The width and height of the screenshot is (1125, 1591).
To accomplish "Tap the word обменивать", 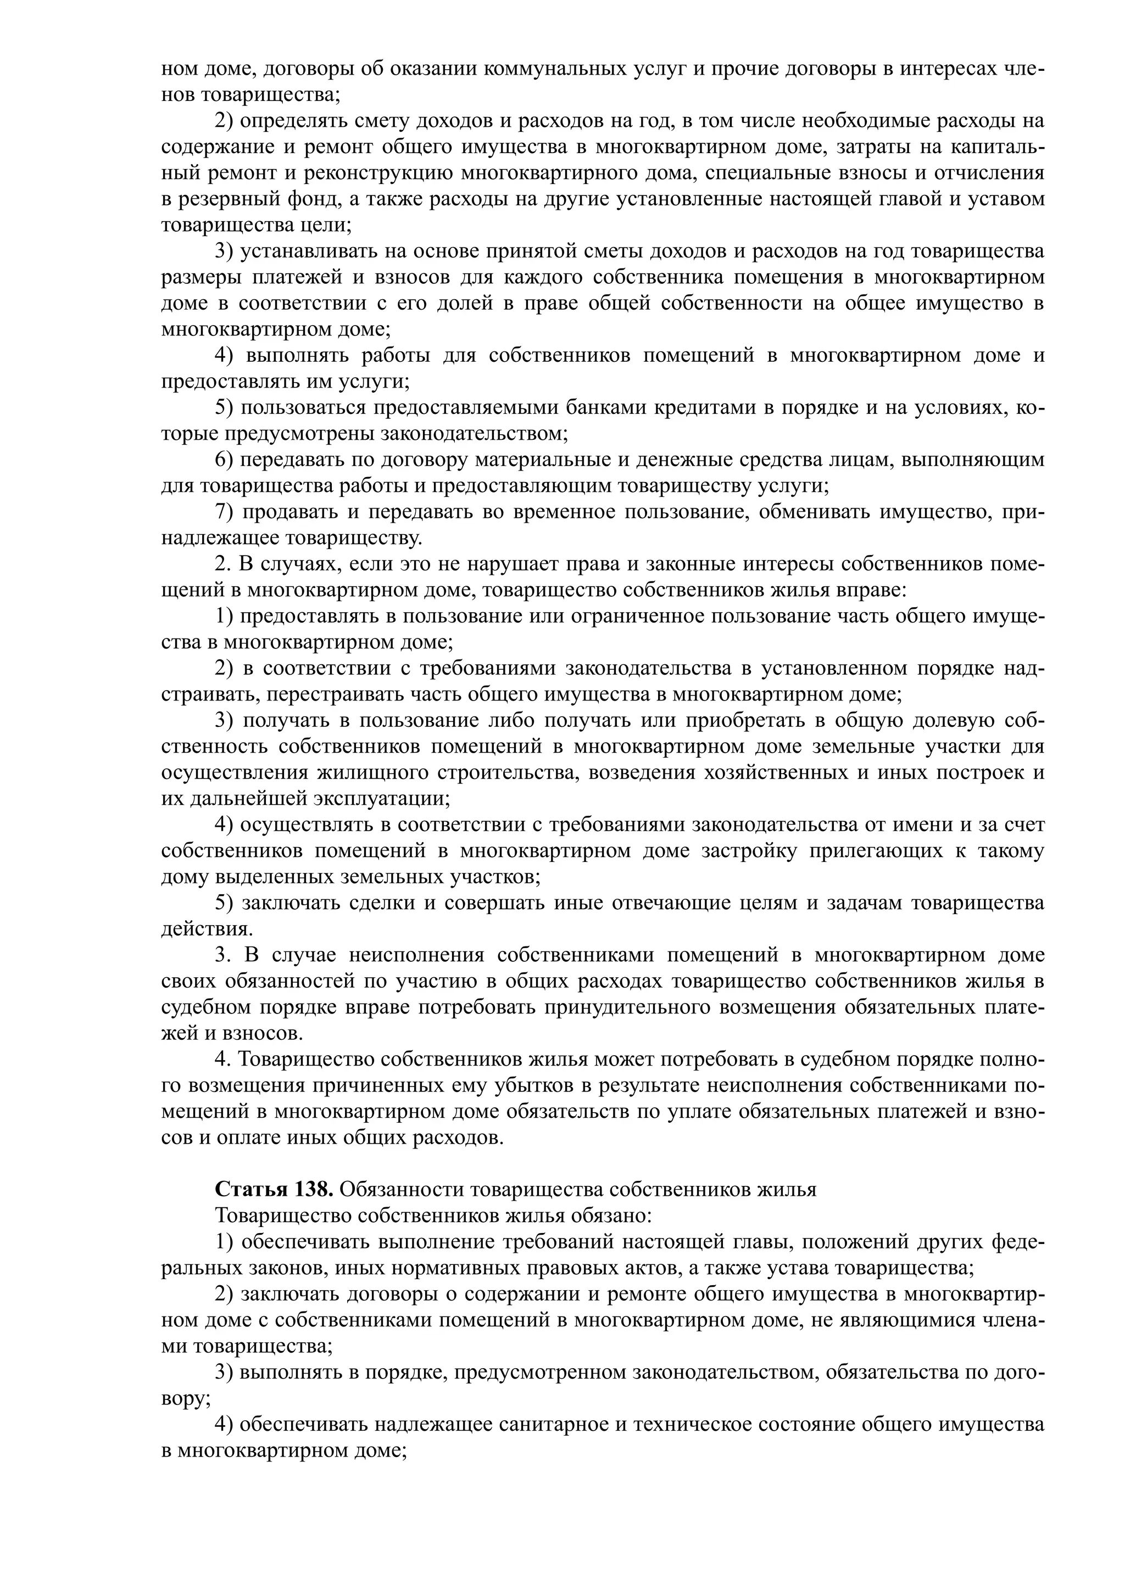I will (805, 512).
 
